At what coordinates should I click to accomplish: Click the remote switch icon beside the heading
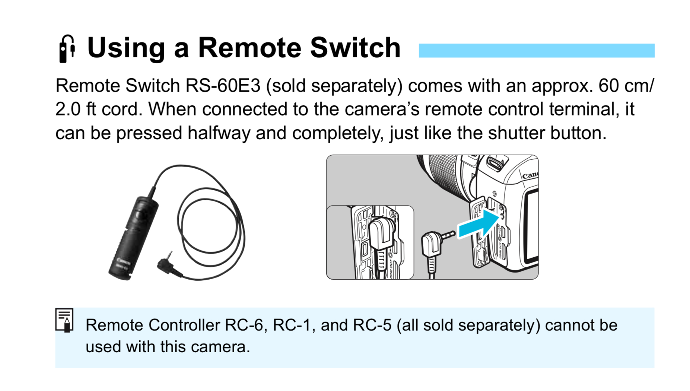[67, 49]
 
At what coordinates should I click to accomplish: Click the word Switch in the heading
[355, 48]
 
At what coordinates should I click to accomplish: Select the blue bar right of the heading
[536, 51]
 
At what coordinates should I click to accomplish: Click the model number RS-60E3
[223, 86]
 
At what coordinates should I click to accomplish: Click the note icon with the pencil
[64, 320]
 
